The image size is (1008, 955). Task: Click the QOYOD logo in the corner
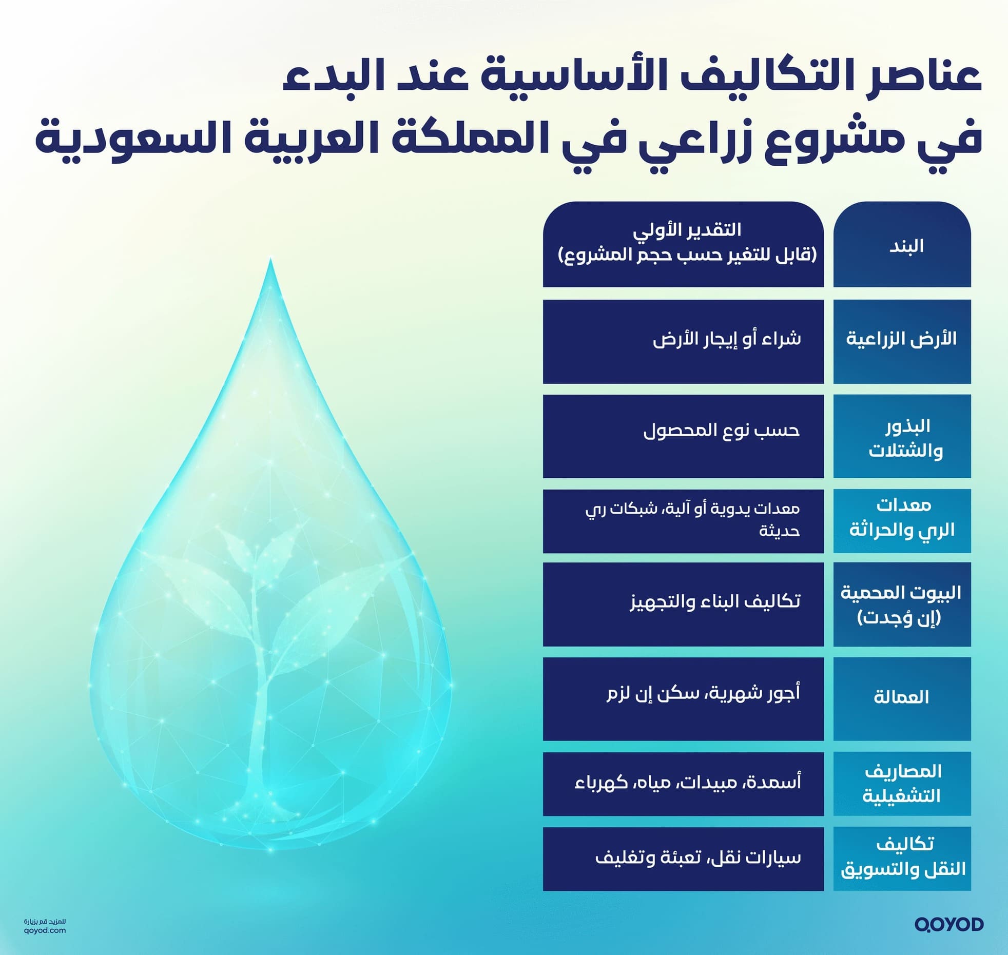[948, 924]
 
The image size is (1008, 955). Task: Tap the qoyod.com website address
[45, 930]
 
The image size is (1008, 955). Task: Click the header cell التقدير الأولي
[683, 244]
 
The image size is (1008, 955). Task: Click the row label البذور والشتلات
[902, 437]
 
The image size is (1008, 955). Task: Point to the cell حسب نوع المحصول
[683, 437]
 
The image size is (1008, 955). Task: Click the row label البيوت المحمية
[902, 604]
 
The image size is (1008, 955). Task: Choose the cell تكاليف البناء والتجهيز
[683, 604]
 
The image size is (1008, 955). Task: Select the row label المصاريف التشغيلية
[902, 784]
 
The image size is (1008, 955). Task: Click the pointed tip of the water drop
[270, 261]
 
